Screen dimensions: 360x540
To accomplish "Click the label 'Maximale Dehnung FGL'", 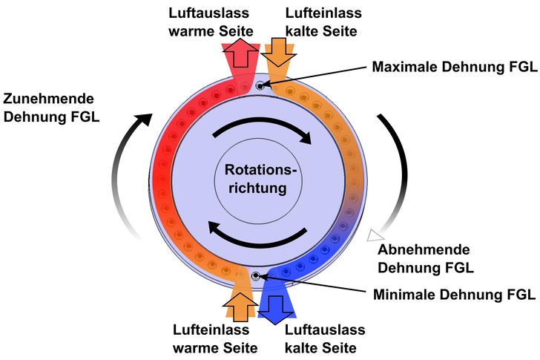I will tap(454, 68).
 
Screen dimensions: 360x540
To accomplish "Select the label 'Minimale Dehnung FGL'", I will tap(452, 294).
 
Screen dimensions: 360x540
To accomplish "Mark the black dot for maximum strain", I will tap(260, 86).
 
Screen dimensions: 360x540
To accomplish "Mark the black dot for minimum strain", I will tap(255, 276).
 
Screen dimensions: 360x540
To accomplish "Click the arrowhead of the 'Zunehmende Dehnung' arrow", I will tap(145, 119).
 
